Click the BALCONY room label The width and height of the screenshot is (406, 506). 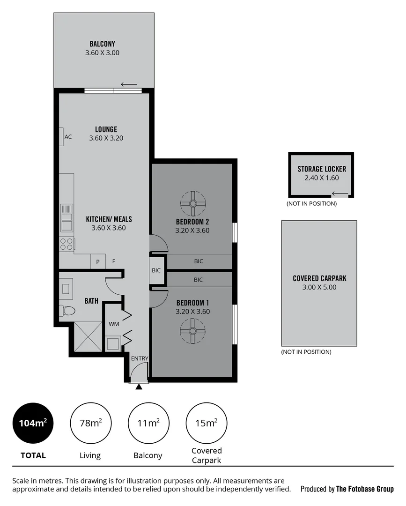pos(102,44)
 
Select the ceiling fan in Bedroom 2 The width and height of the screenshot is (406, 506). pos(193,203)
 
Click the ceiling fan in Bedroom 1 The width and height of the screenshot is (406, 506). pos(193,331)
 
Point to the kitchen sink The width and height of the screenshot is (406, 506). pos(66,218)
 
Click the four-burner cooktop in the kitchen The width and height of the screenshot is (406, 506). pos(66,244)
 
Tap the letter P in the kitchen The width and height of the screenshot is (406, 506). pos(98,262)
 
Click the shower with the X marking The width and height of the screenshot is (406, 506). pos(88,336)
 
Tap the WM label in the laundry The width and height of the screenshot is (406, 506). pos(114,324)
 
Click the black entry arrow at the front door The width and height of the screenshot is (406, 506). pos(139,387)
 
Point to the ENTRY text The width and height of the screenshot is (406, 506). pos(140,359)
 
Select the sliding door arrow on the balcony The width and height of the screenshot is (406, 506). pos(129,84)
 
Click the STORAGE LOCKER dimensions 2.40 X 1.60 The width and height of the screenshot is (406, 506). pos(321,178)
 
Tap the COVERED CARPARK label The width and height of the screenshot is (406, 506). pos(319,278)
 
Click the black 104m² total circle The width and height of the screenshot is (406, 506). pos(32,424)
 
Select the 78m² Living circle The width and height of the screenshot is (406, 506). pos(90,424)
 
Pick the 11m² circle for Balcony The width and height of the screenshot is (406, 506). pos(148,424)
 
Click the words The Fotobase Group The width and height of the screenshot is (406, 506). pos(365,489)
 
